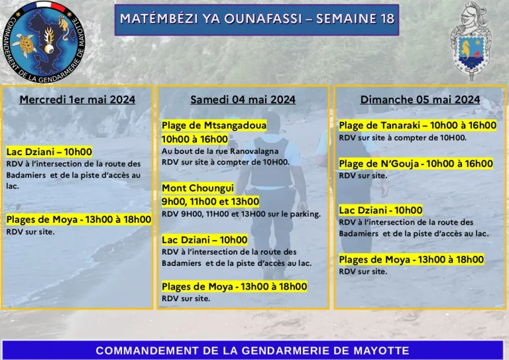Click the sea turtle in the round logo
(x=25, y=45)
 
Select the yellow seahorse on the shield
(x=465, y=49)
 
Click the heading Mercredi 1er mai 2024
(x=78, y=99)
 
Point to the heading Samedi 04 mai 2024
(x=243, y=99)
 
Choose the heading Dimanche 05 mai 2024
(x=420, y=99)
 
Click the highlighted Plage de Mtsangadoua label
(x=214, y=125)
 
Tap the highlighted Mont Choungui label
(x=198, y=188)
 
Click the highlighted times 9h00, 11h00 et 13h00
(x=210, y=202)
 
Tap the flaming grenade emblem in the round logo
(x=49, y=40)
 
